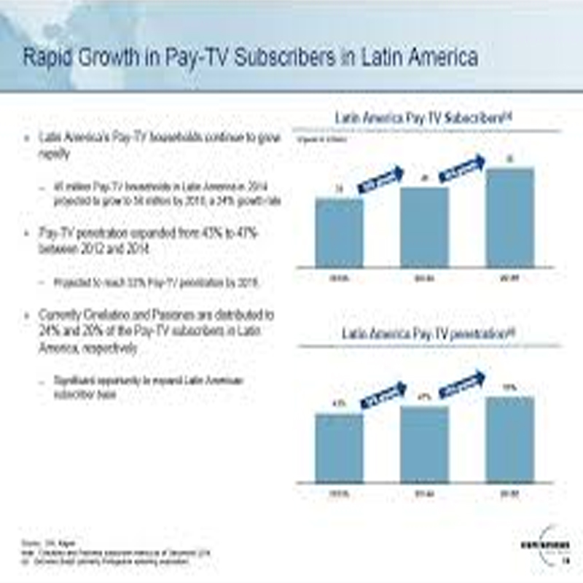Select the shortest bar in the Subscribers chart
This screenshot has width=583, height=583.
[339, 232]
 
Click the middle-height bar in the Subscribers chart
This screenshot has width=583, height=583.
[424, 227]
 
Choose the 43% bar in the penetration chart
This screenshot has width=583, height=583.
[339, 447]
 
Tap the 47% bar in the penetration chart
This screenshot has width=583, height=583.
[424, 444]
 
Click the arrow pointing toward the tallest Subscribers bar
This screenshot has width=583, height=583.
[464, 168]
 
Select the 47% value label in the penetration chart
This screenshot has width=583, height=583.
[423, 396]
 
